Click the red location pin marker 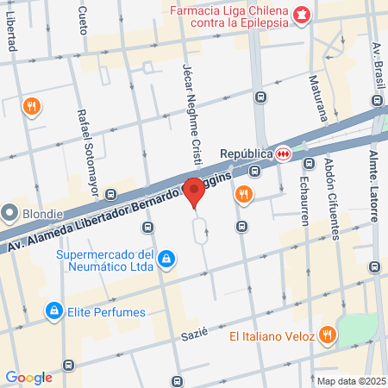[195, 191]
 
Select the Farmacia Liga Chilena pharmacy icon [301, 14]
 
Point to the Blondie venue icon [10, 212]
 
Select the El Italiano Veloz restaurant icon [327, 335]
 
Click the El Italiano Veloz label [270, 336]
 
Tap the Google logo [28, 377]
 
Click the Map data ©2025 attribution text [349, 381]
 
